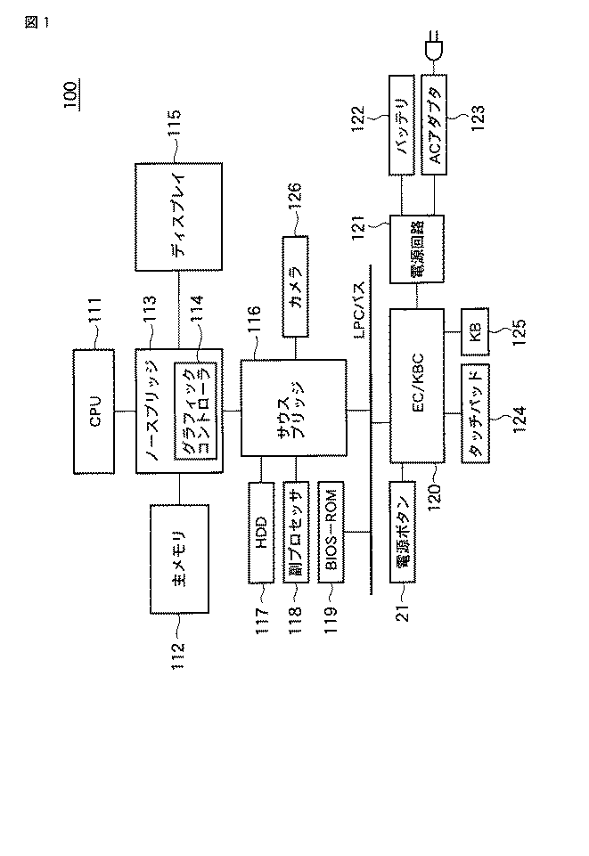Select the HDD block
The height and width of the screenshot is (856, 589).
click(261, 531)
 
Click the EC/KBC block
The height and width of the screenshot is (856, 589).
click(416, 386)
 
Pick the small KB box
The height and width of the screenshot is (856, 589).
click(475, 333)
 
